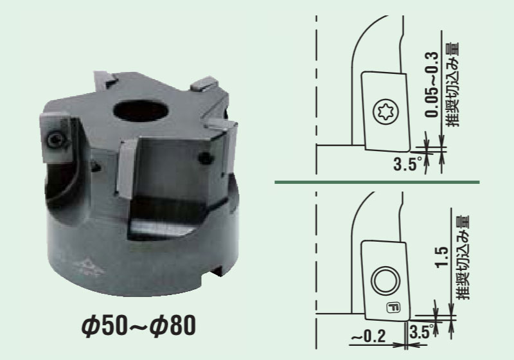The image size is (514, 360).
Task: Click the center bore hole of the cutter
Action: [141, 111]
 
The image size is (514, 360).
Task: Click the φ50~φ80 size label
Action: [139, 325]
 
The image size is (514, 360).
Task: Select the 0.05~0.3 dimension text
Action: [432, 84]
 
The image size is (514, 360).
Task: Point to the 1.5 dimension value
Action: [442, 257]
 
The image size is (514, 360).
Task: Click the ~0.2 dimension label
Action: [368, 336]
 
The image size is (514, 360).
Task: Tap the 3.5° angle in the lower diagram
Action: [421, 332]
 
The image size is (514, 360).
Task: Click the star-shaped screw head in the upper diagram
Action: [386, 112]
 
